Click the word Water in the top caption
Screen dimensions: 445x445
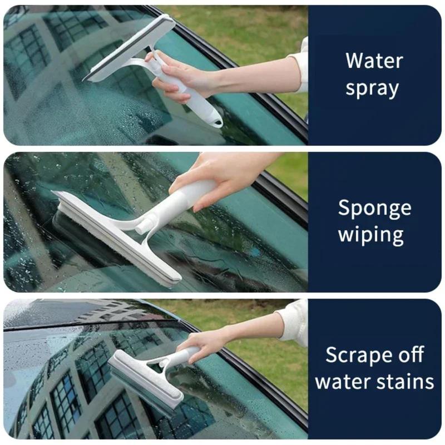pyautogui.click(x=374, y=60)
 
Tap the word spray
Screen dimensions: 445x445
pyautogui.click(x=372, y=88)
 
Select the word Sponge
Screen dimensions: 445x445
pyautogui.click(x=374, y=208)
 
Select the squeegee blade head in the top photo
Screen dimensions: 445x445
pyautogui.click(x=130, y=48)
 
